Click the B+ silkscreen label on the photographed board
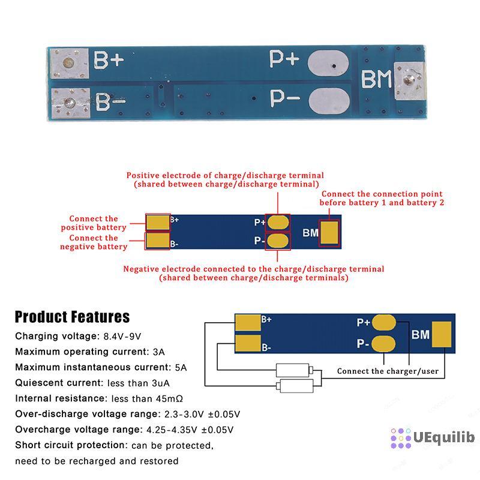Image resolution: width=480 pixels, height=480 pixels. [x=109, y=60]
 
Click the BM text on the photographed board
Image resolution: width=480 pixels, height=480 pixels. [x=375, y=80]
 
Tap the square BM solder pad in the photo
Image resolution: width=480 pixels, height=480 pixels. [x=409, y=81]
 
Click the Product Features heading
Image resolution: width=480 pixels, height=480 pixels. [x=72, y=317]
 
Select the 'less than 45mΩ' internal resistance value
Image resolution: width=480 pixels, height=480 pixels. [x=143, y=398]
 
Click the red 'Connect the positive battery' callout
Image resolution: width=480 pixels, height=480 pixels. [x=94, y=223]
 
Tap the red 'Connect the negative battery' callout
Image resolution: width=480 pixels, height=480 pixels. [x=94, y=242]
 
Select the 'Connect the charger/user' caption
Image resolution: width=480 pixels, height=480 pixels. [x=388, y=371]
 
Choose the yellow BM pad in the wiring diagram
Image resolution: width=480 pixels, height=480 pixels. [x=442, y=334]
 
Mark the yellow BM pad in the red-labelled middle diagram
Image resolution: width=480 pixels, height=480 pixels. [x=329, y=233]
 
